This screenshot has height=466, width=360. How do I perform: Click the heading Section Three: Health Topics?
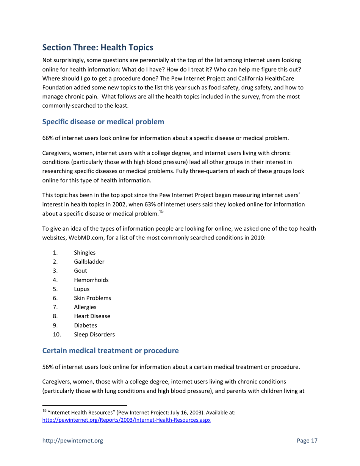98,48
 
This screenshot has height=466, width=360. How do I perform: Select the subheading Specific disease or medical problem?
103,122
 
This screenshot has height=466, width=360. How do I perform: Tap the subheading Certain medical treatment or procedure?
110,351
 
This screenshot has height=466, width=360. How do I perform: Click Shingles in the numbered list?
85,252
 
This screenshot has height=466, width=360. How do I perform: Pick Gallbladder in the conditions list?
89,261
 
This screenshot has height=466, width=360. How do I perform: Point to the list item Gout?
80,271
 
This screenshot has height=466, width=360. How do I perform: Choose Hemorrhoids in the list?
91,280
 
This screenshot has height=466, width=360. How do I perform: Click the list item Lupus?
82,289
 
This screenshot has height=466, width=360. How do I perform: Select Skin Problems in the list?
92,298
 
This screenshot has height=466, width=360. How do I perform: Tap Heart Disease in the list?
92,316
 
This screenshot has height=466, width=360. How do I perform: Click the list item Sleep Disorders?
94,335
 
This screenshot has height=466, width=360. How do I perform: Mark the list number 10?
57,335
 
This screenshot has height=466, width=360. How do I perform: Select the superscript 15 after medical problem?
161,212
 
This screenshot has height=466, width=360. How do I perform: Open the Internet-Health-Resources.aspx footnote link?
126,420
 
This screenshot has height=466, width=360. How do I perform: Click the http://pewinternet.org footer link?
72,441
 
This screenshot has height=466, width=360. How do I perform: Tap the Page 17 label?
307,441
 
